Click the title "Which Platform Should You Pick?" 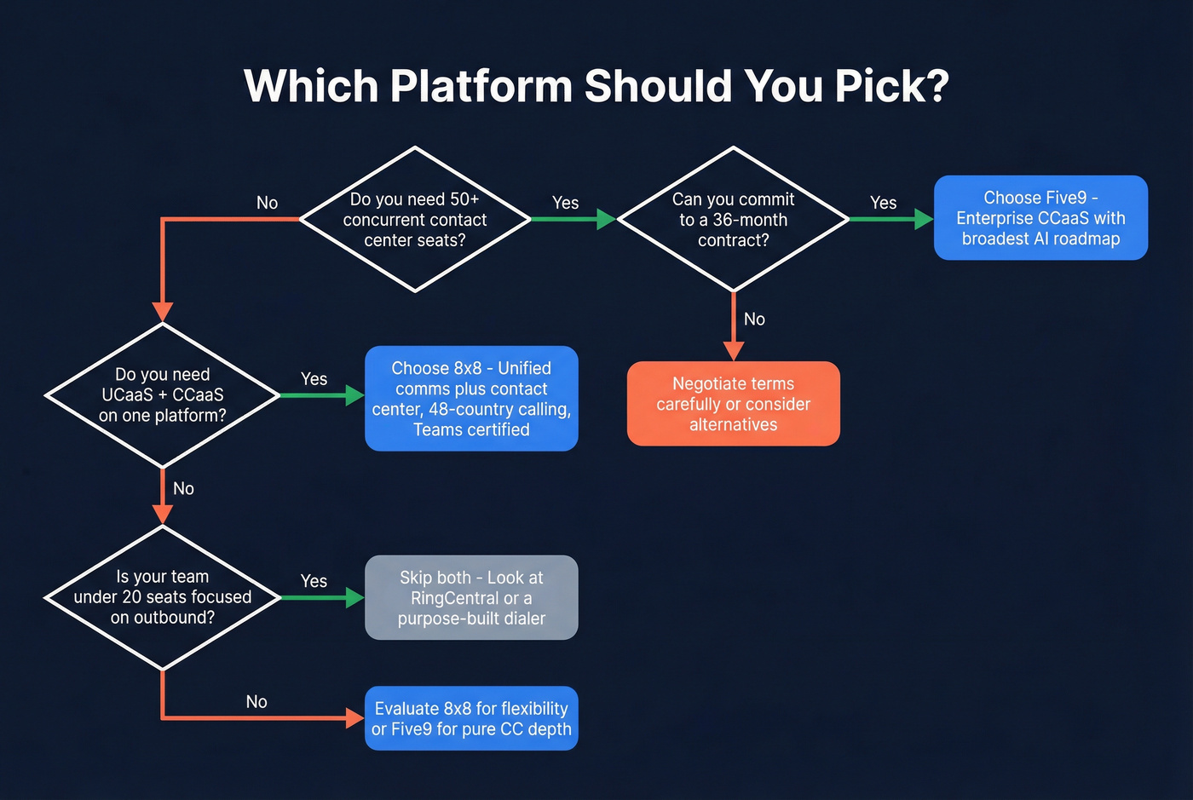(x=596, y=86)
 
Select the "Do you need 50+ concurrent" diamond (x=415, y=220)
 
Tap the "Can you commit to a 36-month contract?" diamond (x=733, y=220)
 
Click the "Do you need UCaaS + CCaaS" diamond (x=162, y=395)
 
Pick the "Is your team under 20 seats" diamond (x=162, y=597)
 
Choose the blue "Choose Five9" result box (x=1040, y=218)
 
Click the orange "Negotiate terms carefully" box (x=733, y=404)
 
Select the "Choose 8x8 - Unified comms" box (x=471, y=399)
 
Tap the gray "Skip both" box (x=471, y=598)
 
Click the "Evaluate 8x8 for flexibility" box (x=471, y=718)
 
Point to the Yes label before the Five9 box (x=883, y=203)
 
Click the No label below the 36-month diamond (x=754, y=319)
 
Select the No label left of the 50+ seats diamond (x=267, y=203)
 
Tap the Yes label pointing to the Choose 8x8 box (x=314, y=379)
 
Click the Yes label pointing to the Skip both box (x=314, y=581)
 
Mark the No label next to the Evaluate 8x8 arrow (x=256, y=702)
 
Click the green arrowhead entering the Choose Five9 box (x=924, y=219)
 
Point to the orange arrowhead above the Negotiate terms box (x=734, y=351)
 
